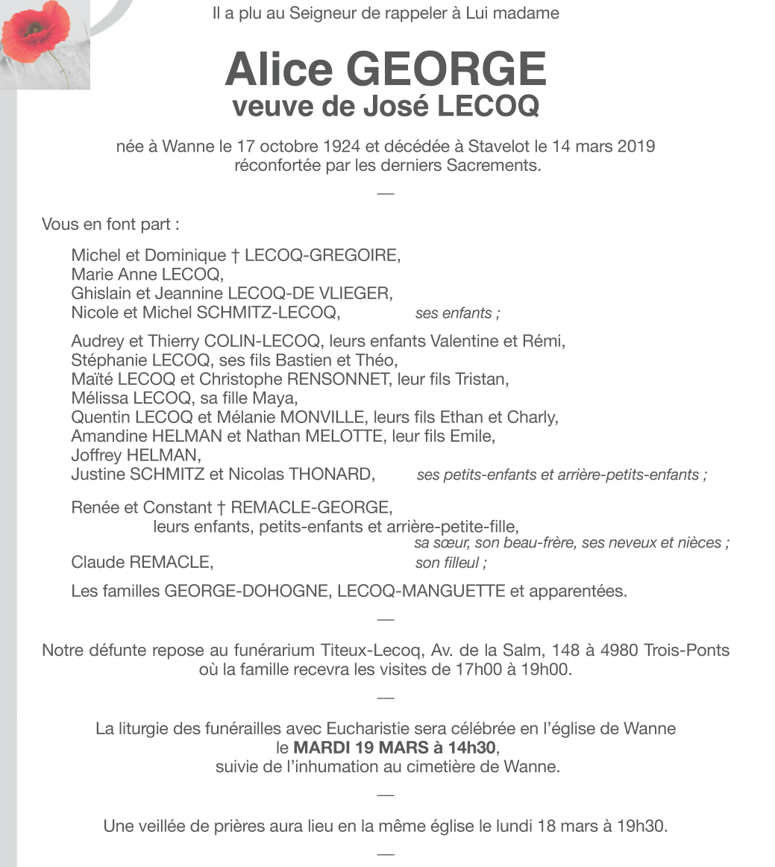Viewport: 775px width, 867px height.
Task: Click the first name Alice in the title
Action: click(x=278, y=69)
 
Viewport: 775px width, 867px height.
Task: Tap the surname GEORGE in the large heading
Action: click(x=446, y=69)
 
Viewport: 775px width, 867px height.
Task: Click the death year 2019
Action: click(x=636, y=146)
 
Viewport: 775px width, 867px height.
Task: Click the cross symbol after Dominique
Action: click(x=235, y=255)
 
